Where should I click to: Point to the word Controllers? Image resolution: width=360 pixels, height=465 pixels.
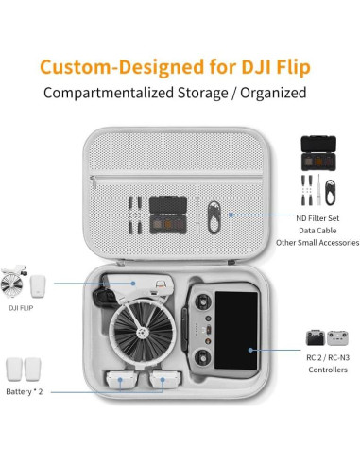coord(320,370)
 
